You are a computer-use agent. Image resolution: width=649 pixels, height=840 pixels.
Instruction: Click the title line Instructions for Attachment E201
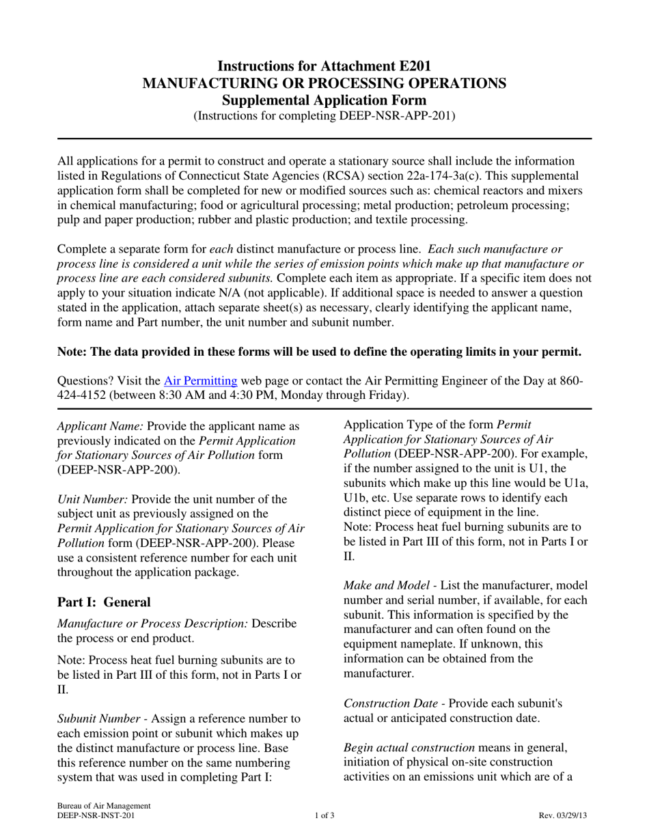coord(324,66)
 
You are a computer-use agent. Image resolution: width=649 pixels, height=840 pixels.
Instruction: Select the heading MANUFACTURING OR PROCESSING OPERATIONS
coord(324,83)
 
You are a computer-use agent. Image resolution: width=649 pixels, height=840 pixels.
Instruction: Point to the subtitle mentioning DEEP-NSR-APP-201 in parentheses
coord(324,116)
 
